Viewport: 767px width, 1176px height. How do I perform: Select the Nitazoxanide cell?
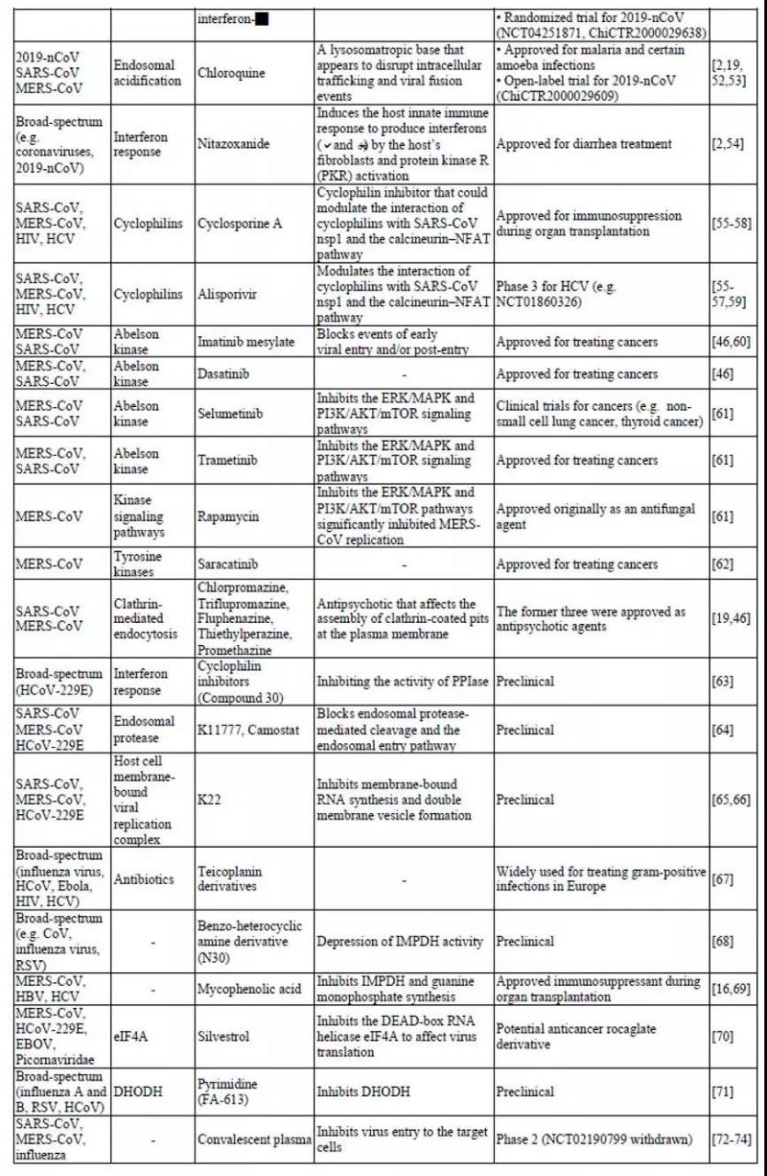coord(233,144)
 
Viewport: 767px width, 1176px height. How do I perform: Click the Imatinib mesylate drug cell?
coord(245,342)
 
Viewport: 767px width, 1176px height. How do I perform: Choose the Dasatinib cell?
coord(223,375)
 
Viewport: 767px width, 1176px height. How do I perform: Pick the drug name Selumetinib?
coord(230,414)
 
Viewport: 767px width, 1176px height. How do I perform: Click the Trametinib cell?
coord(228,460)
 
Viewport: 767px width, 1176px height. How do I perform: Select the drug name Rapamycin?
coord(229,516)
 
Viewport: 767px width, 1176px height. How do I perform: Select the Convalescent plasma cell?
coord(254,1140)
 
